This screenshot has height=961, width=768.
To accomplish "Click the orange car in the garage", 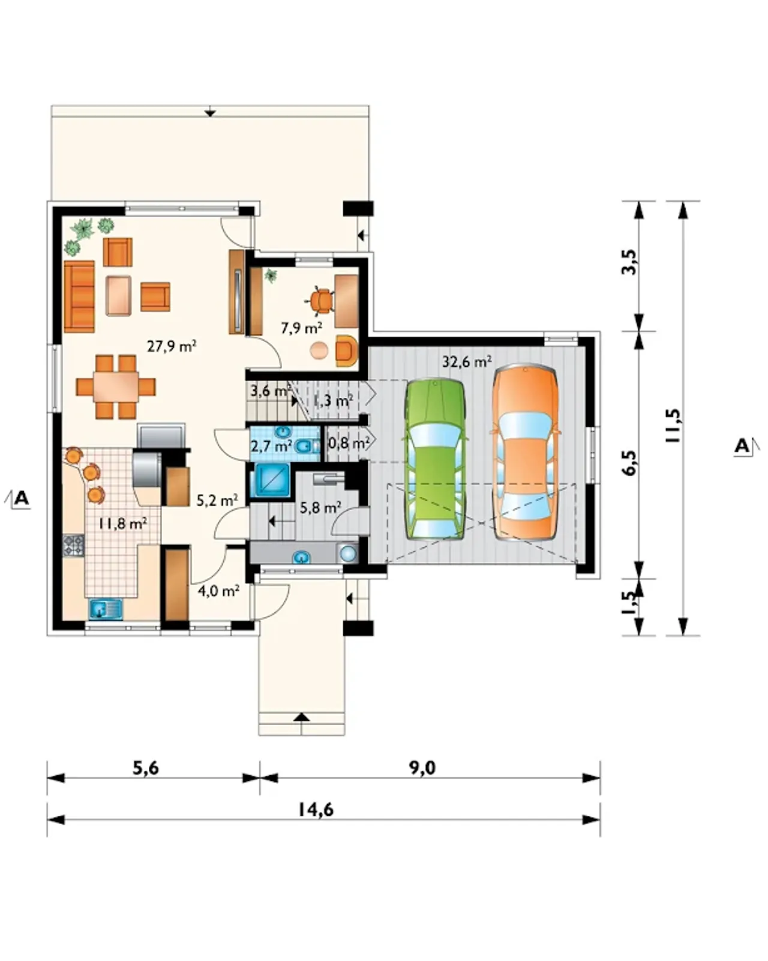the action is [x=525, y=453].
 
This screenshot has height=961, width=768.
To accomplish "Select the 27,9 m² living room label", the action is [x=172, y=346].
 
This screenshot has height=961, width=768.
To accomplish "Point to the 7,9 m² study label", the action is [x=301, y=328].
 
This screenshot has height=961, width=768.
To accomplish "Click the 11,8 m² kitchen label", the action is [x=123, y=523].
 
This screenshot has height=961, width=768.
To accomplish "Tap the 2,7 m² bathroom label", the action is [x=271, y=445].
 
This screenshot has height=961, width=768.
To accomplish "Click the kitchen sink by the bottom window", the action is [x=106, y=609].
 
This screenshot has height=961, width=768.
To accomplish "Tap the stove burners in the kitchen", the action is [x=73, y=545].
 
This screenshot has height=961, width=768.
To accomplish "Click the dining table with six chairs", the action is [x=116, y=387].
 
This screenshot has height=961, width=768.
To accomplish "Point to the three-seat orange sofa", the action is [x=79, y=297].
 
